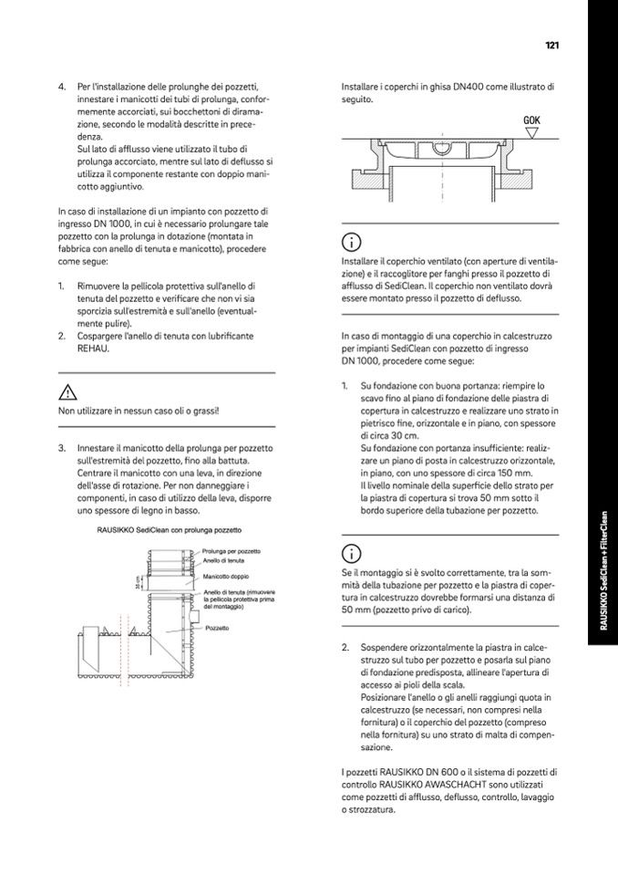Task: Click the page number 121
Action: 551,45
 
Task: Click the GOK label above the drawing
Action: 533,120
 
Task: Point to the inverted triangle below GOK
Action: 533,132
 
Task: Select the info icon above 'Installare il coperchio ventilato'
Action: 350,243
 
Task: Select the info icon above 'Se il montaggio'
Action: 350,553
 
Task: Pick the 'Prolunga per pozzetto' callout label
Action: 232,552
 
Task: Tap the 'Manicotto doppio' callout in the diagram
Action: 227,577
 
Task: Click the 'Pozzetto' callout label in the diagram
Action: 217,628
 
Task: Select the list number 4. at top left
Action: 62,88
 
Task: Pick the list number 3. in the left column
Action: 62,448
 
